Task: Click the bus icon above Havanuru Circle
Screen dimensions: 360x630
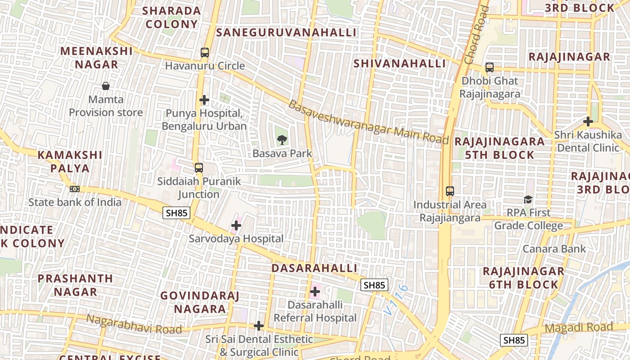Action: coord(205,53)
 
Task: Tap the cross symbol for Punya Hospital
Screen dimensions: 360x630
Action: coord(205,100)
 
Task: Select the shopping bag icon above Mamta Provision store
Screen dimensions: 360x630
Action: coord(106,86)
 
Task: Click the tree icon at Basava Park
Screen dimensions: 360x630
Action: coord(282,139)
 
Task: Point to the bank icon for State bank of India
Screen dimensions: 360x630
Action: coord(75,189)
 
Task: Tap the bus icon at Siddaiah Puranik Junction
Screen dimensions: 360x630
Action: coord(198,168)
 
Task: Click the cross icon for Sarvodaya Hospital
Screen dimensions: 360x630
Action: coord(236,225)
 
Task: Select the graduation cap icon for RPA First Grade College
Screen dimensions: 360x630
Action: coord(528,199)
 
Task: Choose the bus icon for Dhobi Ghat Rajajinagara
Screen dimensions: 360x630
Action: coord(490,68)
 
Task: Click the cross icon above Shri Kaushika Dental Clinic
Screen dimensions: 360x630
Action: coord(588,121)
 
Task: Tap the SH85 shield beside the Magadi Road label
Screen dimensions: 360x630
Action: coord(514,340)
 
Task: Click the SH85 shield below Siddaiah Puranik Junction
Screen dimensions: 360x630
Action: coord(176,213)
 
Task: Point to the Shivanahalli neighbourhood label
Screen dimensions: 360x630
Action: coord(400,63)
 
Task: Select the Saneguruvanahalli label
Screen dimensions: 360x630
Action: coord(286,32)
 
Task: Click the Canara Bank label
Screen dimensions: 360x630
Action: coord(554,249)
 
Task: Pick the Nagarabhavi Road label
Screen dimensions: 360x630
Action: coord(134,324)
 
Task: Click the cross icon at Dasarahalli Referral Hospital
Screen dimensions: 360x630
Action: coord(315,292)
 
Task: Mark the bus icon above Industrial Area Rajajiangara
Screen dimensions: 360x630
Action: coord(450,191)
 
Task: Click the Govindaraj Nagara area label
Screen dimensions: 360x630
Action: coord(200,302)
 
